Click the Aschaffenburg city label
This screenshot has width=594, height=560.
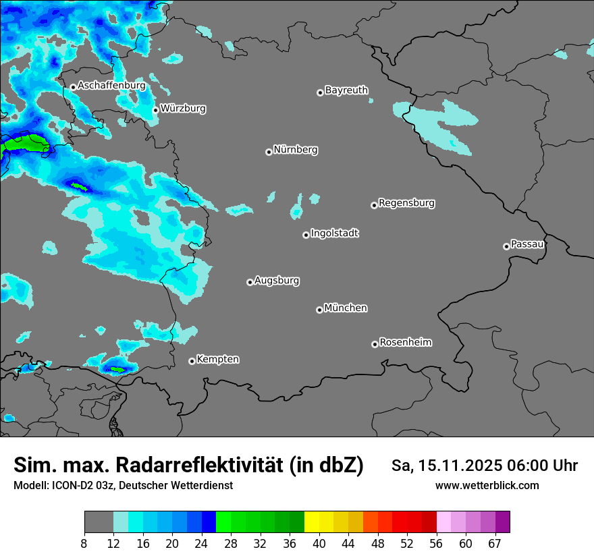(111, 86)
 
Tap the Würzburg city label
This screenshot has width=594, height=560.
(183, 108)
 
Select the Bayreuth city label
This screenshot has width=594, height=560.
(346, 90)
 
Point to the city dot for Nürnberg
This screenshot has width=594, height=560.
(269, 152)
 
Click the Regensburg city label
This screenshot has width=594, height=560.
(406, 202)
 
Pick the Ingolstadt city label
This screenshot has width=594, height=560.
(334, 233)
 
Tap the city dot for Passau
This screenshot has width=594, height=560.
(506, 246)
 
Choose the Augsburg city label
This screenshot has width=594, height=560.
(277, 280)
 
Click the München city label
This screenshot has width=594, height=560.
(346, 308)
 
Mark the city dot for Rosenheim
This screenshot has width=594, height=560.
(375, 344)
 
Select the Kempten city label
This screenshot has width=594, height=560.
(217, 359)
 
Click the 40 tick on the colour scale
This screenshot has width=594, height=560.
(319, 544)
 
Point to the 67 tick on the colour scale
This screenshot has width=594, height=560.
(495, 544)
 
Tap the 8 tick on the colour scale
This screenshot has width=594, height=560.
(84, 544)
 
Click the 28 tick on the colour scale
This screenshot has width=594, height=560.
(231, 544)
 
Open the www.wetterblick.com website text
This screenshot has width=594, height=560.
(487, 486)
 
